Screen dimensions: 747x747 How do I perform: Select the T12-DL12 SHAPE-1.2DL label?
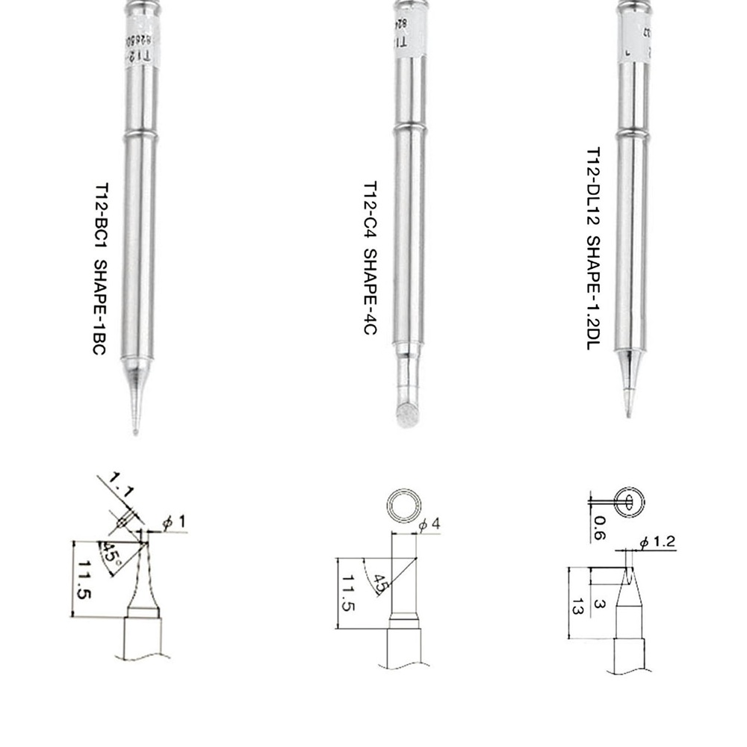tap(592, 249)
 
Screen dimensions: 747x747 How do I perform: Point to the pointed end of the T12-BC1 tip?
tap(134, 430)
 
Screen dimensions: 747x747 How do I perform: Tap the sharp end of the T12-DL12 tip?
tap(629, 413)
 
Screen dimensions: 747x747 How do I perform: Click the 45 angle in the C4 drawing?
tap(380, 583)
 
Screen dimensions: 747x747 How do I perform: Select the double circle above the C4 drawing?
tap(404, 507)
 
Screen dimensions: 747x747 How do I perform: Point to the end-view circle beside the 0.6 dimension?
tap(628, 501)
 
